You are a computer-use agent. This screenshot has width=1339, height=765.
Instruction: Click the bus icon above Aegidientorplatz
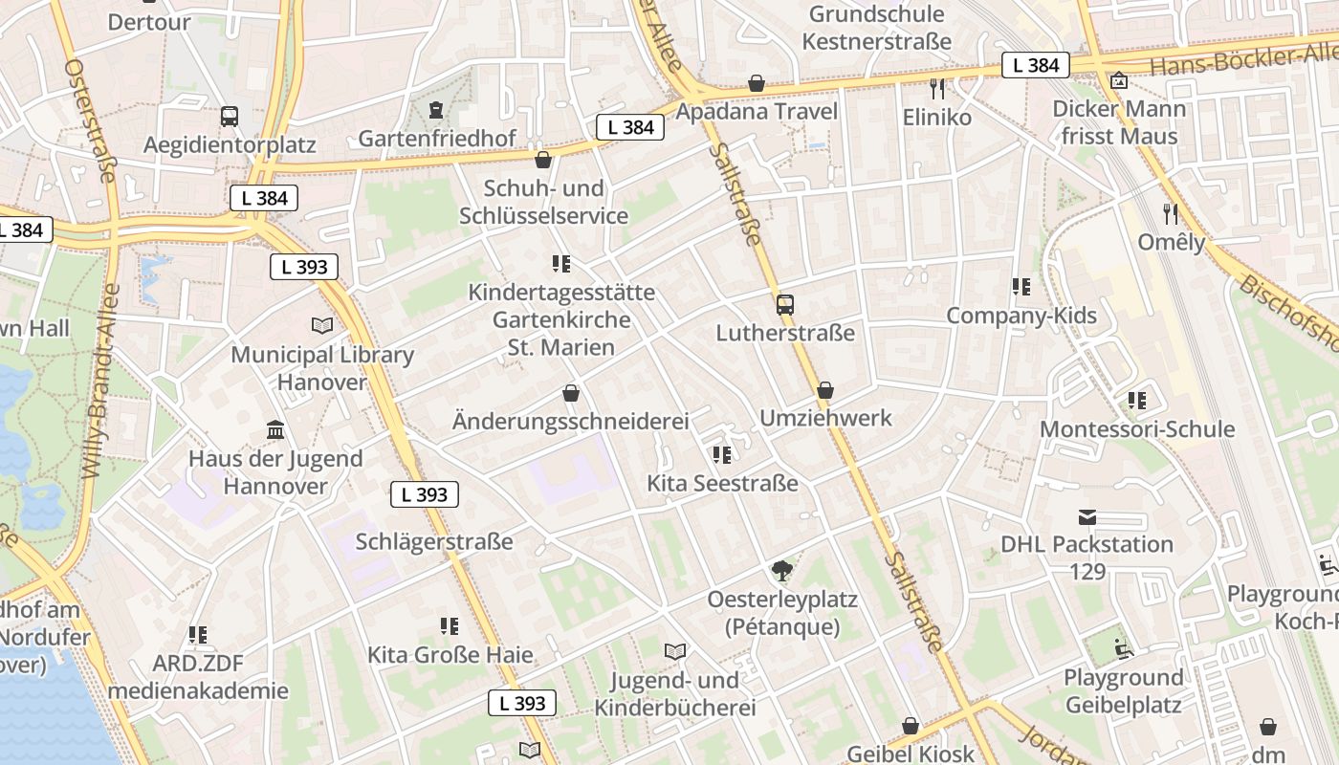[x=230, y=117]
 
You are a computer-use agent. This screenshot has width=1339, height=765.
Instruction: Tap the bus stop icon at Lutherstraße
[x=784, y=305]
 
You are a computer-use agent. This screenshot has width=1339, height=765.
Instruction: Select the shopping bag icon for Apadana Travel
[x=757, y=83]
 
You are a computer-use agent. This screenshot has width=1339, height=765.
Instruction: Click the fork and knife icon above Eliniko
[x=937, y=89]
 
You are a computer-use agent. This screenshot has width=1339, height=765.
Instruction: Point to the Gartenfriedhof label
[x=437, y=140]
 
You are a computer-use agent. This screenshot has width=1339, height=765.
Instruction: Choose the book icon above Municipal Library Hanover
[x=322, y=326]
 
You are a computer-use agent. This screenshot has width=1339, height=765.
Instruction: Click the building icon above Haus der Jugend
[x=275, y=429]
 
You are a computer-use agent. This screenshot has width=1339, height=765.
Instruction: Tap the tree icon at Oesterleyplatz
[x=782, y=571]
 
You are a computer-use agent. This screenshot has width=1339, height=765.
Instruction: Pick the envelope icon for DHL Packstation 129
[x=1087, y=517]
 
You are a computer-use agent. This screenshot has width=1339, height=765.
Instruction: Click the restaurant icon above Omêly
[x=1171, y=213]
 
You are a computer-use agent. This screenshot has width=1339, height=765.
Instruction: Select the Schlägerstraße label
[x=434, y=542]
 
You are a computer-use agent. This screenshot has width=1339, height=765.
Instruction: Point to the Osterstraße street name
[x=91, y=120]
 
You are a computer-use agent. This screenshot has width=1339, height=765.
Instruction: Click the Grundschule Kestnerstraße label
[x=877, y=28]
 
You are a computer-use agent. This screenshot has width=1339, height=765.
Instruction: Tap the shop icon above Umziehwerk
[x=824, y=390]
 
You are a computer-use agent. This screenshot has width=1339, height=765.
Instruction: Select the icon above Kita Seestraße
[x=722, y=454]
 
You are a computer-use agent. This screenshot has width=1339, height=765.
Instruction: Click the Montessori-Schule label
[x=1137, y=429]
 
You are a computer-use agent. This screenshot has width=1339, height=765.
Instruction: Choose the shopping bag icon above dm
[x=1268, y=727]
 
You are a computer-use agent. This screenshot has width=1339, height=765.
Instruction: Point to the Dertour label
[x=149, y=21]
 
